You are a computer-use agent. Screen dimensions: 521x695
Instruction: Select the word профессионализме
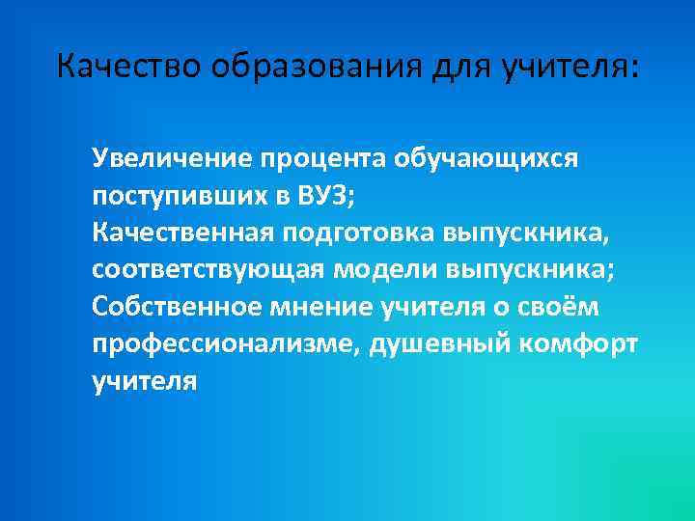[x=221, y=344]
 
